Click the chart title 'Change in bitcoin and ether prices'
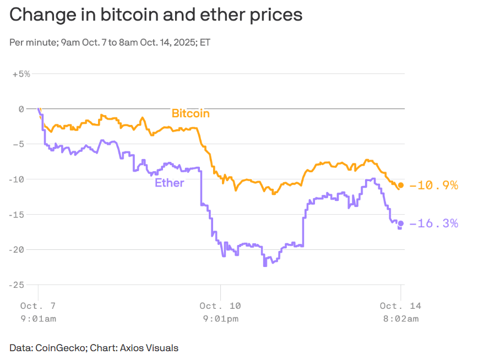click(156, 15)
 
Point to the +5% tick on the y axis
click(21, 74)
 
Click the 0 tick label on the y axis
click(21, 109)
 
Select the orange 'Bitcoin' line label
click(191, 114)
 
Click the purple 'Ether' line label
click(169, 183)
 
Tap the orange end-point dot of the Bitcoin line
click(401, 185)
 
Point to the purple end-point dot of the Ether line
click(401, 223)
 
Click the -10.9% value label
click(434, 186)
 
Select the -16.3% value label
click(434, 223)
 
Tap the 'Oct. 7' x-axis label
click(37, 306)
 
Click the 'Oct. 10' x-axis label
click(220, 306)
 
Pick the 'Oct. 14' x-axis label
click(400, 306)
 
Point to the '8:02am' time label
click(400, 319)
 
